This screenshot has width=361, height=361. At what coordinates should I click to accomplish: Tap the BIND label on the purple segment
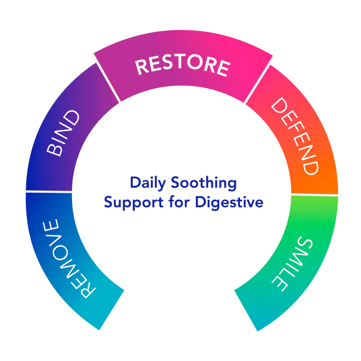pyautogui.click(x=63, y=133)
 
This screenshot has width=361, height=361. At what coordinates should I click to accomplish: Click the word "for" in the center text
pyautogui.click(x=175, y=203)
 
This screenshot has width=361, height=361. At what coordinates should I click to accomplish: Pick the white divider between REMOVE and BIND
pyautogui.click(x=49, y=191)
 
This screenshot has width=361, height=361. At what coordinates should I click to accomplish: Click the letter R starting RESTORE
pyautogui.click(x=142, y=68)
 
